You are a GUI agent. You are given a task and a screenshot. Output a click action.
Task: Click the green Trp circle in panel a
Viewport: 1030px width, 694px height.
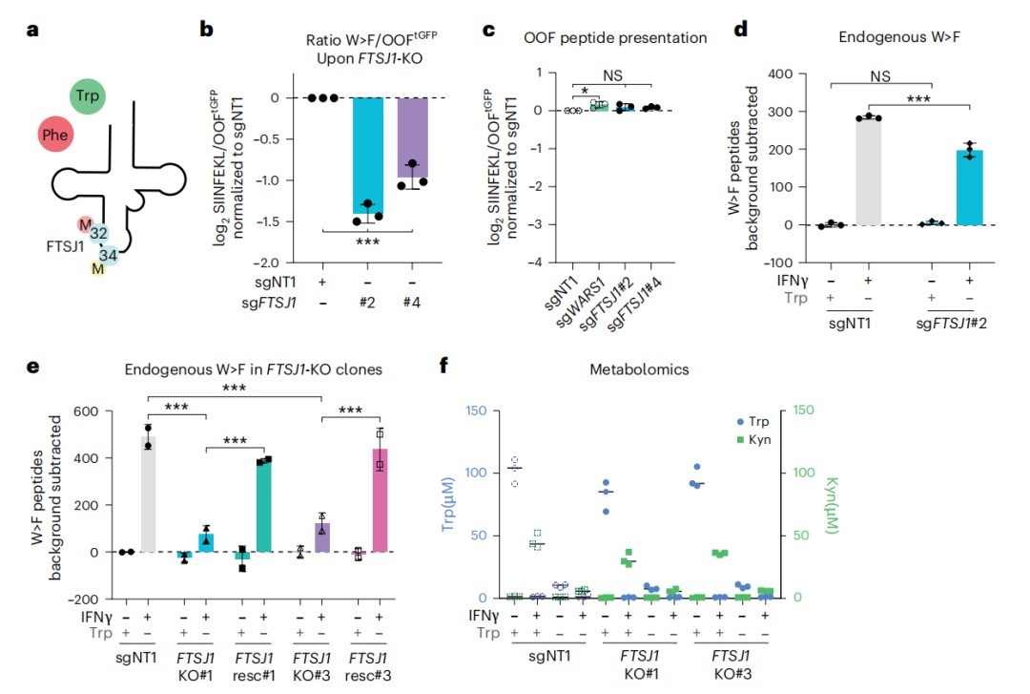(x=88, y=96)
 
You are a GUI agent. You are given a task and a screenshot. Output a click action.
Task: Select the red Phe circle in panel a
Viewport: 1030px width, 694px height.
(x=55, y=135)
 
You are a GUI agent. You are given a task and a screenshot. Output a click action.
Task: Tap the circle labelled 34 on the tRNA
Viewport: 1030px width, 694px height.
(x=109, y=255)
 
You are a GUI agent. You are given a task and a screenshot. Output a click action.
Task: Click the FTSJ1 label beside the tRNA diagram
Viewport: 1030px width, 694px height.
(x=65, y=246)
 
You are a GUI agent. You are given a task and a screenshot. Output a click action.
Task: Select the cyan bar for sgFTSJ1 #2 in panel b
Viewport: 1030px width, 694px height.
(x=367, y=156)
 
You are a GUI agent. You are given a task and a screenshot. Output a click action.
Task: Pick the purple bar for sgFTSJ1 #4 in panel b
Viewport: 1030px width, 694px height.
(x=412, y=137)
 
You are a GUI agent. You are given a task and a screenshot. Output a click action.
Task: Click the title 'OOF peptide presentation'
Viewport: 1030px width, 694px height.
(x=615, y=38)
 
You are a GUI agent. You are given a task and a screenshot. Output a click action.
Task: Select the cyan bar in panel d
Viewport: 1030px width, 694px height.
(x=970, y=187)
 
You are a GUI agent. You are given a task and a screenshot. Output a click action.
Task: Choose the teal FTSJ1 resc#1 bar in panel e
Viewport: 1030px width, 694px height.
(x=263, y=506)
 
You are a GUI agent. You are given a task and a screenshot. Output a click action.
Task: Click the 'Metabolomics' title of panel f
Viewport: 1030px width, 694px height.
(x=639, y=369)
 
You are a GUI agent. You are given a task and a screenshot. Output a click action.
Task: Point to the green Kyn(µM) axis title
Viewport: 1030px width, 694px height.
(x=831, y=505)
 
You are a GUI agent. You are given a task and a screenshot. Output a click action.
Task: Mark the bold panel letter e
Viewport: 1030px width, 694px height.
(x=32, y=366)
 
